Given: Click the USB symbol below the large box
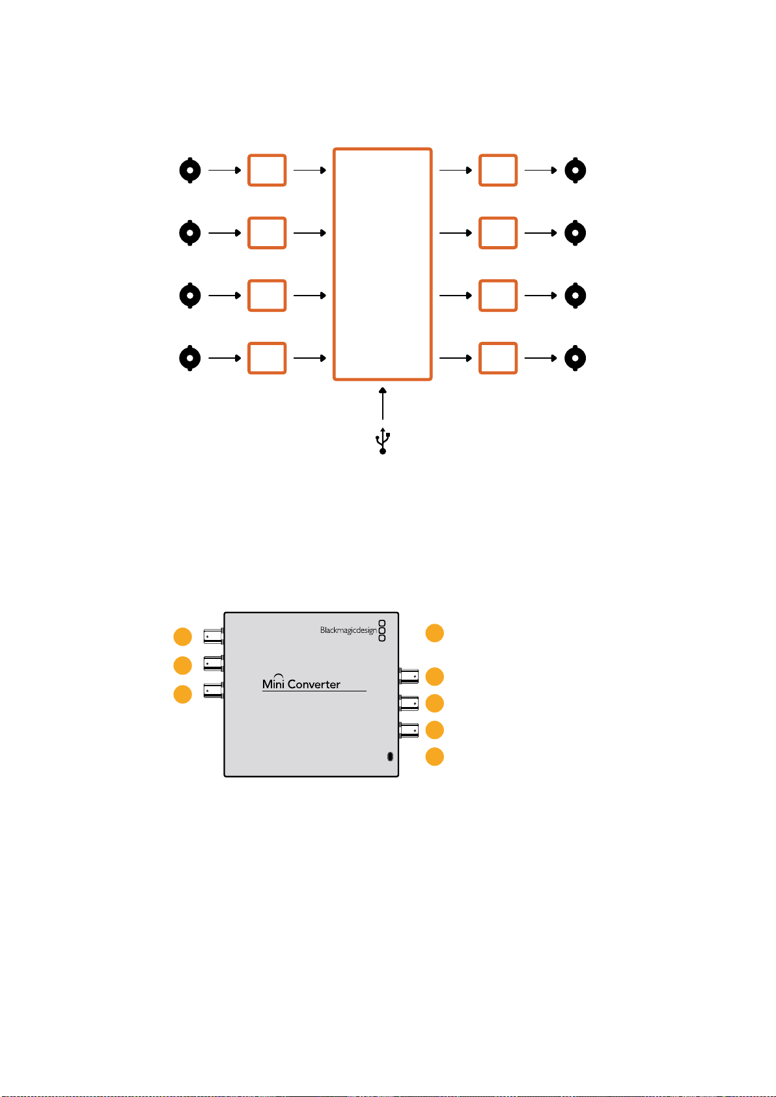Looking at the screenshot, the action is (382, 441).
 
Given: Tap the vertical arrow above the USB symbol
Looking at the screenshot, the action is (382, 403).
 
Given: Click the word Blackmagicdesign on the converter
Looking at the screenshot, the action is (348, 630).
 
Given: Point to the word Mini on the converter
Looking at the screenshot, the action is (273, 683).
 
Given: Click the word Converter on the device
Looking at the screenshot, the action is (314, 684).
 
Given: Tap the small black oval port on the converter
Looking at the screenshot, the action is (390, 757).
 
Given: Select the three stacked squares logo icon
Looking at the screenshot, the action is (382, 630).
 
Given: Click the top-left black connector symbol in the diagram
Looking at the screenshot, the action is (190, 171).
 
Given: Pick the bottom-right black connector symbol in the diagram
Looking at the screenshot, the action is (575, 358).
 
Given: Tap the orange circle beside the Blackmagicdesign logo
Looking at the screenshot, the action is (434, 633).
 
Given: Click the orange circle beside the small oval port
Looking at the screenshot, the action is (434, 757).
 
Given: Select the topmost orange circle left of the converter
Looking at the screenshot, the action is (183, 637).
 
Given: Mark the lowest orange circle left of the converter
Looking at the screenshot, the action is (183, 694).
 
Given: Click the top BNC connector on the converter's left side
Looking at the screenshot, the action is (214, 636).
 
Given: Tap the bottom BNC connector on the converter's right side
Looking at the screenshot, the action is (409, 730).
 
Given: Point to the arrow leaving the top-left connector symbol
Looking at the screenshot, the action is (225, 171).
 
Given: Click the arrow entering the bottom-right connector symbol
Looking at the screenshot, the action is (540, 358).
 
